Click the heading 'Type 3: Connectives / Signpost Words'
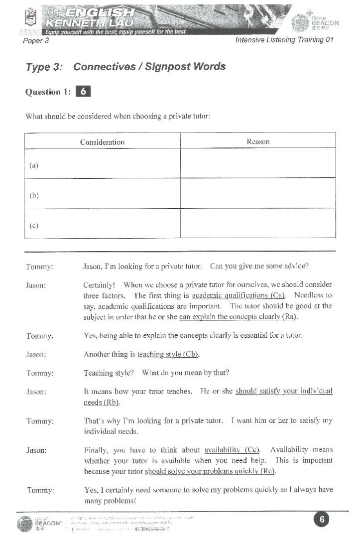125,67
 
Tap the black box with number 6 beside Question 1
83,91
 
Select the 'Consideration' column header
102,142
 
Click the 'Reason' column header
258,141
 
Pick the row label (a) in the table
34,165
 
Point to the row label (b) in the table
34,195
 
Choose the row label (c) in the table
34,225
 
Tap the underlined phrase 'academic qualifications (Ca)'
238,295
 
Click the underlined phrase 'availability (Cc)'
232,450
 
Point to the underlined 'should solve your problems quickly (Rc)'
210,471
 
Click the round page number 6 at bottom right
322,520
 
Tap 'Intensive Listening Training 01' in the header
284,40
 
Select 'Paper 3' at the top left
36,40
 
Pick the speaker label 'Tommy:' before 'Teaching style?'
39,373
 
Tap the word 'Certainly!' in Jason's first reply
99,285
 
